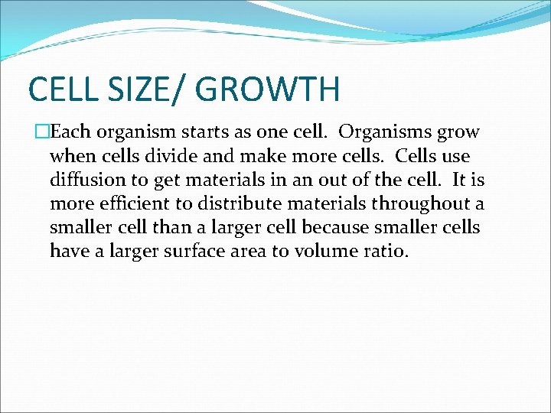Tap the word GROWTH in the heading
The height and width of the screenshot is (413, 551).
[x=268, y=89]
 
